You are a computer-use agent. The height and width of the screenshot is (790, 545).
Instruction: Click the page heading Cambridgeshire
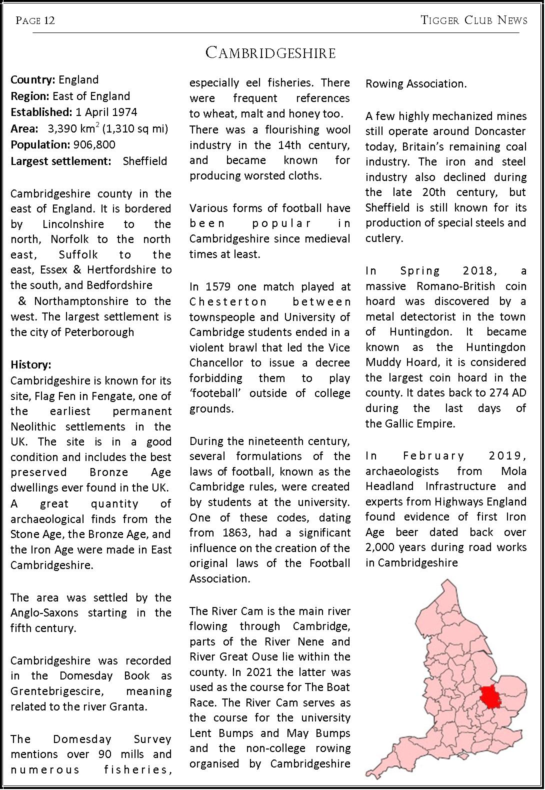pyautogui.click(x=270, y=53)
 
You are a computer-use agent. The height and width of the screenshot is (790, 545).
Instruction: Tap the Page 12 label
pyautogui.click(x=35, y=20)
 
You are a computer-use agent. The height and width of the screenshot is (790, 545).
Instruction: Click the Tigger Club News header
pyautogui.click(x=473, y=20)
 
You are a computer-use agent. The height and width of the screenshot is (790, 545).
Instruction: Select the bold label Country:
pyautogui.click(x=33, y=80)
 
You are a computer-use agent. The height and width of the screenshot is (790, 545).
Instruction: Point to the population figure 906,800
pyautogui.click(x=94, y=145)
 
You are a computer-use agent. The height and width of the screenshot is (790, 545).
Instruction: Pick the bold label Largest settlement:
pyautogui.click(x=60, y=161)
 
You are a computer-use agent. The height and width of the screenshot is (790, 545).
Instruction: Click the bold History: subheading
pyautogui.click(x=31, y=365)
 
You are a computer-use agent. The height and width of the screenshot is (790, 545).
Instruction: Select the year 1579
pyautogui.click(x=215, y=287)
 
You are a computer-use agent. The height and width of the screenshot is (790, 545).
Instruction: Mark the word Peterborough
pyautogui.click(x=103, y=332)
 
